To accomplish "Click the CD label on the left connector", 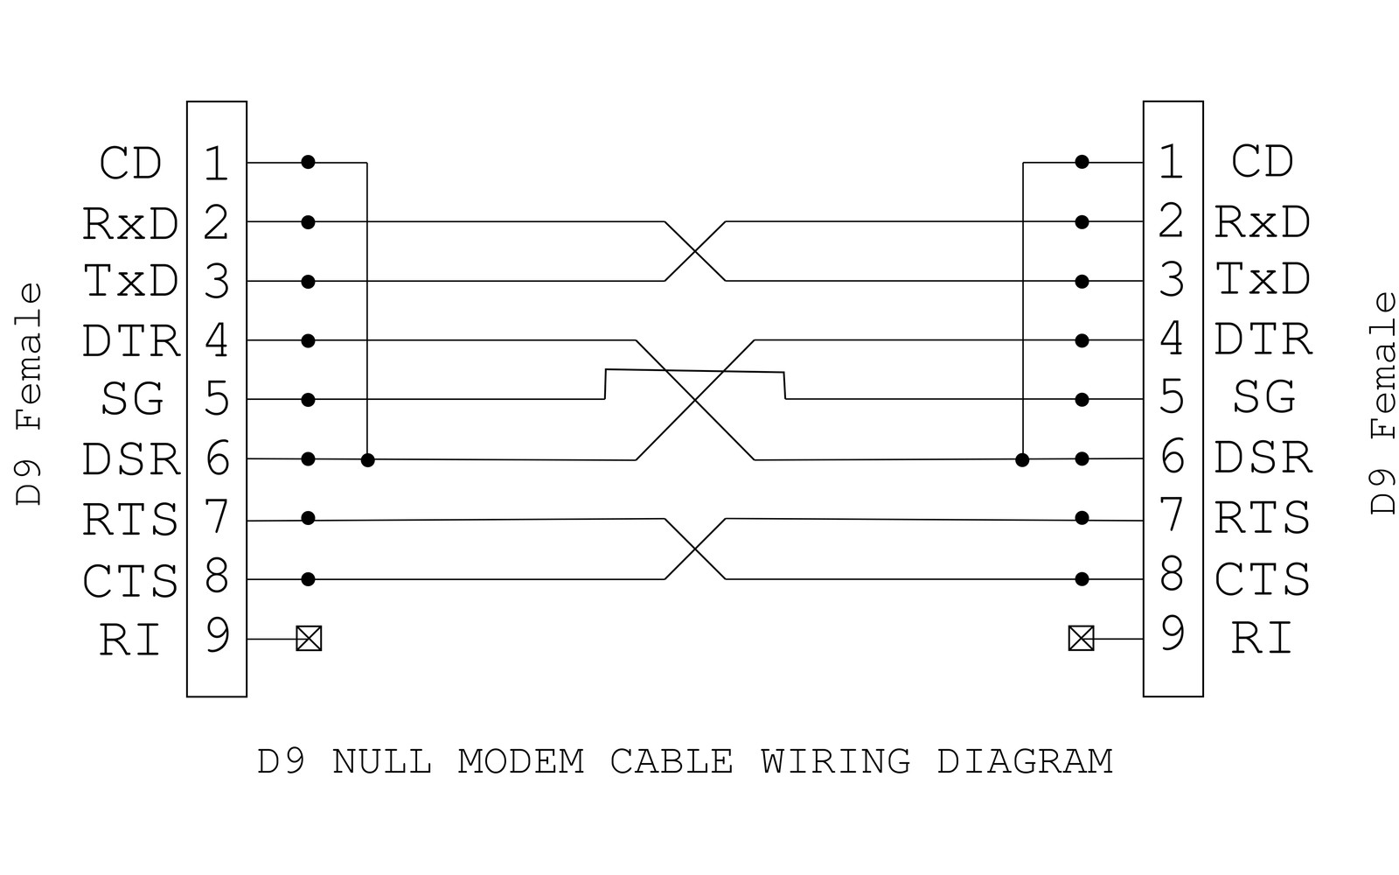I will [130, 164].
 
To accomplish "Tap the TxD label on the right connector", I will [1263, 280].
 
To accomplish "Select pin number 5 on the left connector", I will [216, 399].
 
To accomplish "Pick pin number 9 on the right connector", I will [1173, 633].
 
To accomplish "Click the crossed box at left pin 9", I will [309, 639].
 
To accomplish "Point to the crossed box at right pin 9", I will [1081, 639].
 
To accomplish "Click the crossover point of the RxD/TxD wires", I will [695, 252].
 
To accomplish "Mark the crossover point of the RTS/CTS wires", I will [695, 549].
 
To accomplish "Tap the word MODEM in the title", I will [520, 761].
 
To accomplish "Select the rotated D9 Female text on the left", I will [30, 394].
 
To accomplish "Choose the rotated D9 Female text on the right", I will [1383, 402].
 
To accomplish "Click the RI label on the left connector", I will [130, 640].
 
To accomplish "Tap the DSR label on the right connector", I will [1263, 458].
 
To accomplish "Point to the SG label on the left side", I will [132, 399].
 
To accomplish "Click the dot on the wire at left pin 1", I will [308, 162].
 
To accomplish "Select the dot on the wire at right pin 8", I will [1082, 579].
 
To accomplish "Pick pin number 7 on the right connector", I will [1173, 515].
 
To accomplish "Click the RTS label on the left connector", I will [130, 520].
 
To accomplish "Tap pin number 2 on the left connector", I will [216, 222].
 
